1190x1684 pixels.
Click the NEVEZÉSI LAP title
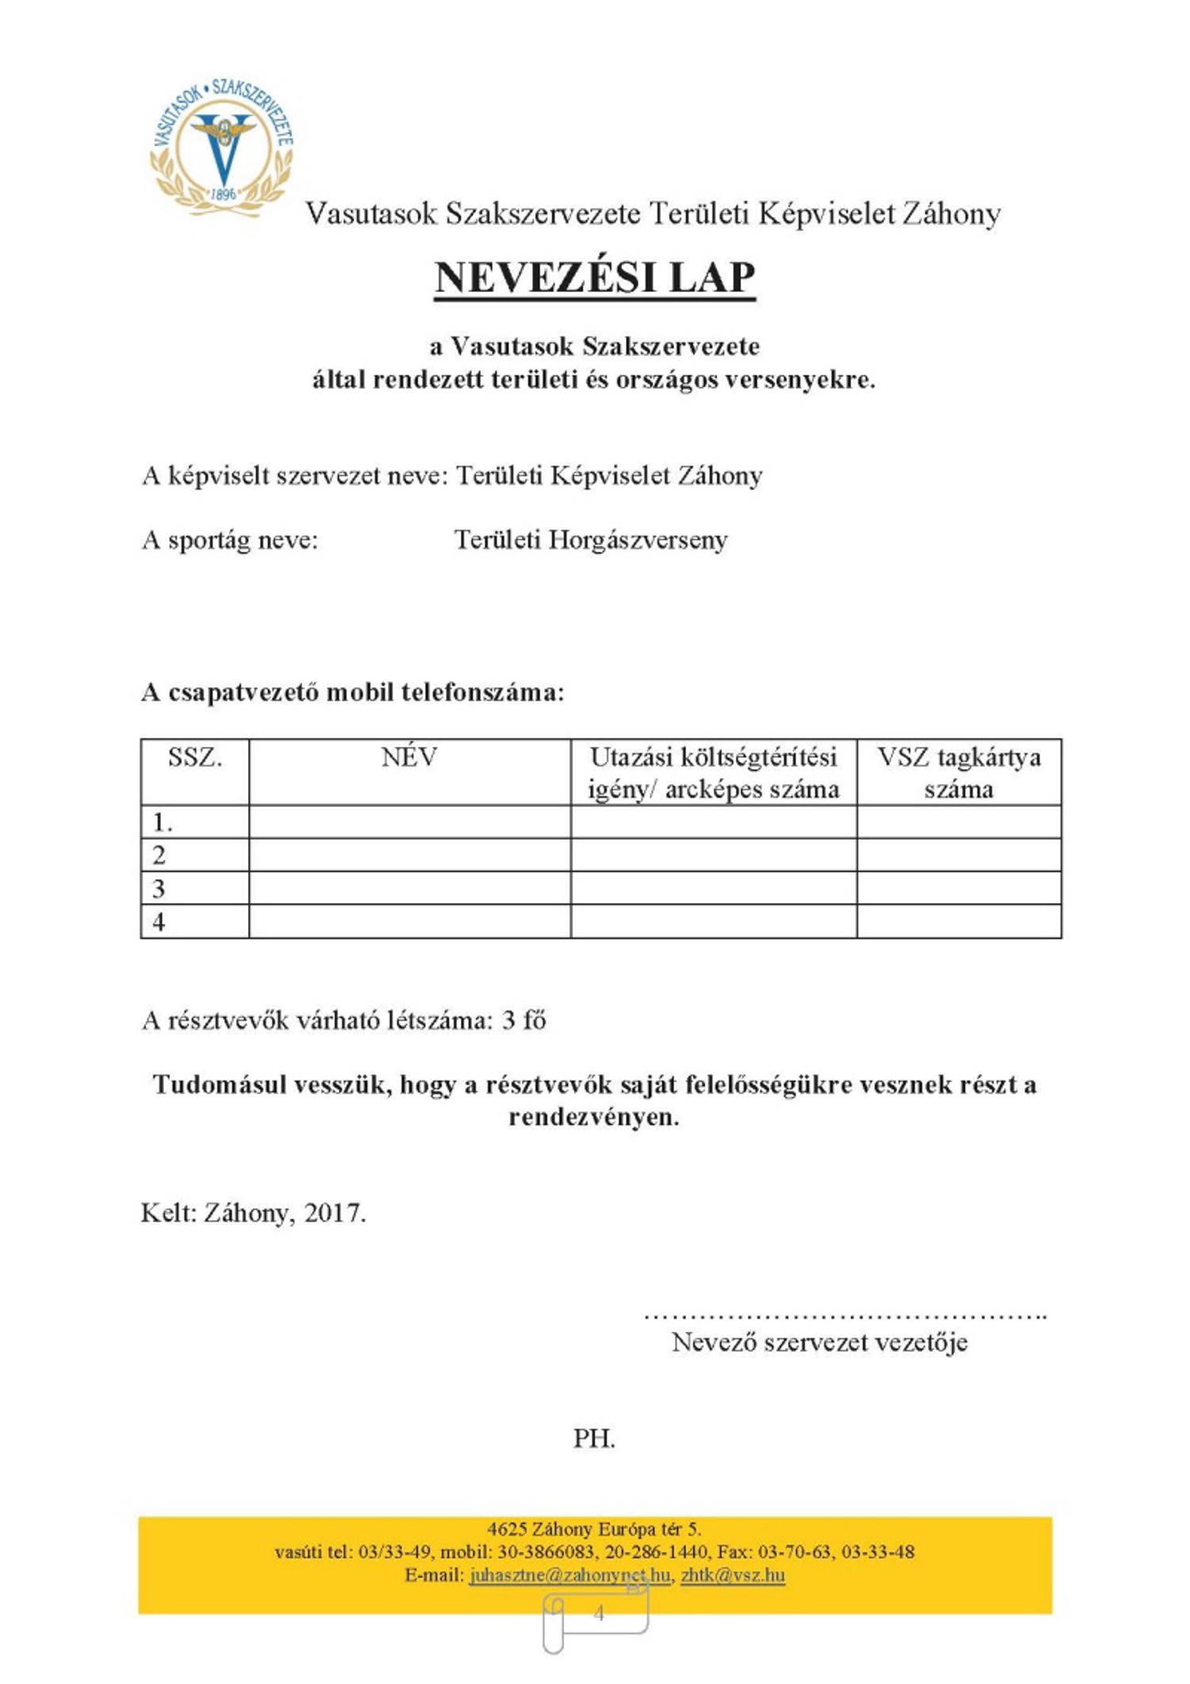[594, 278]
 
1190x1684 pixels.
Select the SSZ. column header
[195, 758]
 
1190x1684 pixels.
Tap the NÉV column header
[409, 758]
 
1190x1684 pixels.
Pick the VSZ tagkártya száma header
[958, 773]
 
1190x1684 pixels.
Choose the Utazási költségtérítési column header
[713, 773]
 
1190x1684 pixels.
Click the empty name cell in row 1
[409, 822]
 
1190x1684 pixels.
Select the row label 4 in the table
[159, 922]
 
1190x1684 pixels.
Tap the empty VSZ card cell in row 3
[958, 888]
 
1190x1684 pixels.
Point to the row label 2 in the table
[159, 855]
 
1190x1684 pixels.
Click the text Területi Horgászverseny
[590, 540]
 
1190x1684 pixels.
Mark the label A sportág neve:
[230, 540]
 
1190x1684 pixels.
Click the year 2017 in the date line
[334, 1213]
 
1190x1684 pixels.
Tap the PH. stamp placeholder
[594, 1439]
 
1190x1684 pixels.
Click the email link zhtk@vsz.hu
[732, 1574]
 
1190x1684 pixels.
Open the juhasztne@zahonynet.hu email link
[569, 1574]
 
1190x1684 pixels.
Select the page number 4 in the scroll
[599, 1613]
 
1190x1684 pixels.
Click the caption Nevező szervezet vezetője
[820, 1343]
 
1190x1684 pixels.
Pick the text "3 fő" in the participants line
[524, 1021]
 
